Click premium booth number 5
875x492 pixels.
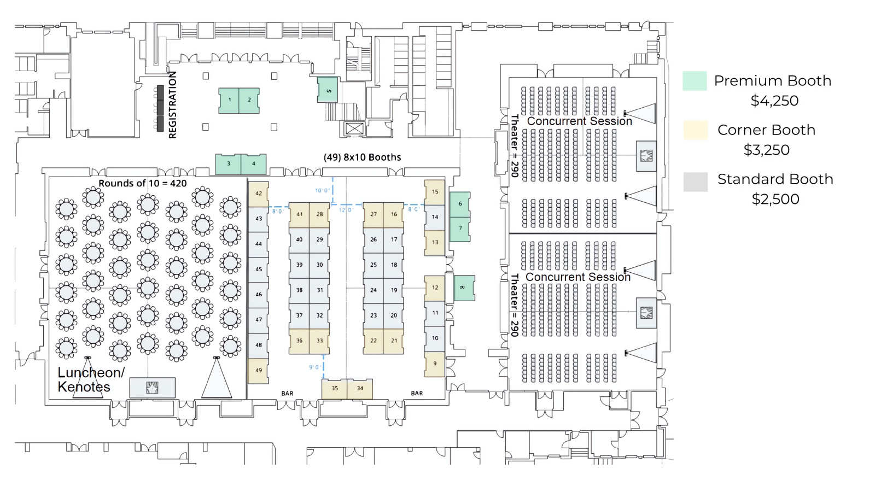328,90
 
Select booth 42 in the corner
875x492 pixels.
259,194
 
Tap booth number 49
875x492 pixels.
259,371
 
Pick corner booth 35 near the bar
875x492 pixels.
335,389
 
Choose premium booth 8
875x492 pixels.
464,288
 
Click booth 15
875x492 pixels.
435,192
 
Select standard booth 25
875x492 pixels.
374,265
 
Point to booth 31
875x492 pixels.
319,290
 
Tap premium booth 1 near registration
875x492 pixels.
230,101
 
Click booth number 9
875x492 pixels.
435,364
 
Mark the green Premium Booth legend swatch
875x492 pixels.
695,81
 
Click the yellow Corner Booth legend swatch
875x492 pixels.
695,130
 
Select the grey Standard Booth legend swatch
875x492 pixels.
695,181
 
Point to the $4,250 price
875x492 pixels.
774,101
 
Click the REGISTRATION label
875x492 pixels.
173,105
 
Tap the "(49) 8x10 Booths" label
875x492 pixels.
362,157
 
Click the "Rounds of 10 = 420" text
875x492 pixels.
143,184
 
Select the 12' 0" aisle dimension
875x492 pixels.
346,210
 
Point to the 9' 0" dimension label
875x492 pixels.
315,367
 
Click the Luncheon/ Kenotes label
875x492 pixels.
91,380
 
